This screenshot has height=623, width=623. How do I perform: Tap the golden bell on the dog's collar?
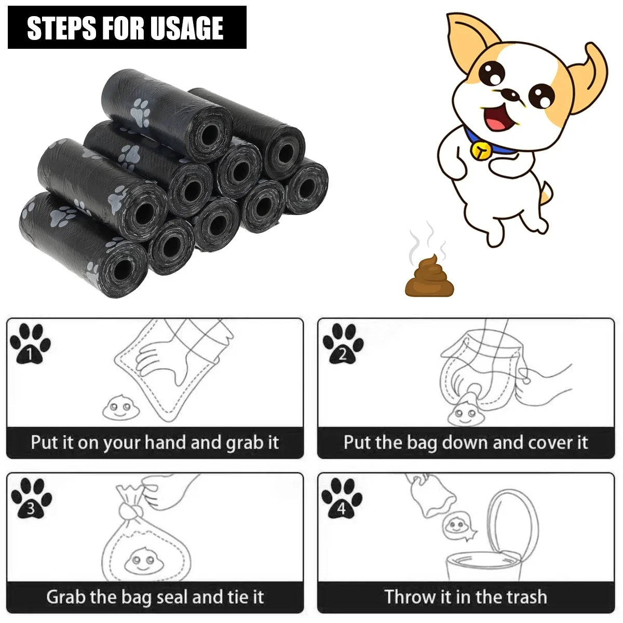(480, 150)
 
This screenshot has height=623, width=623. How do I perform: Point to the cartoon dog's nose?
(512, 96)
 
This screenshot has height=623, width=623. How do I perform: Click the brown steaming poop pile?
(429, 278)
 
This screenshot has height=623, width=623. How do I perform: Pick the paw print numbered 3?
(31, 498)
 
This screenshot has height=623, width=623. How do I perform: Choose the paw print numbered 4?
(342, 498)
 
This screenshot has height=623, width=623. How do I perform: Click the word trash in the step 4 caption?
(523, 597)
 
